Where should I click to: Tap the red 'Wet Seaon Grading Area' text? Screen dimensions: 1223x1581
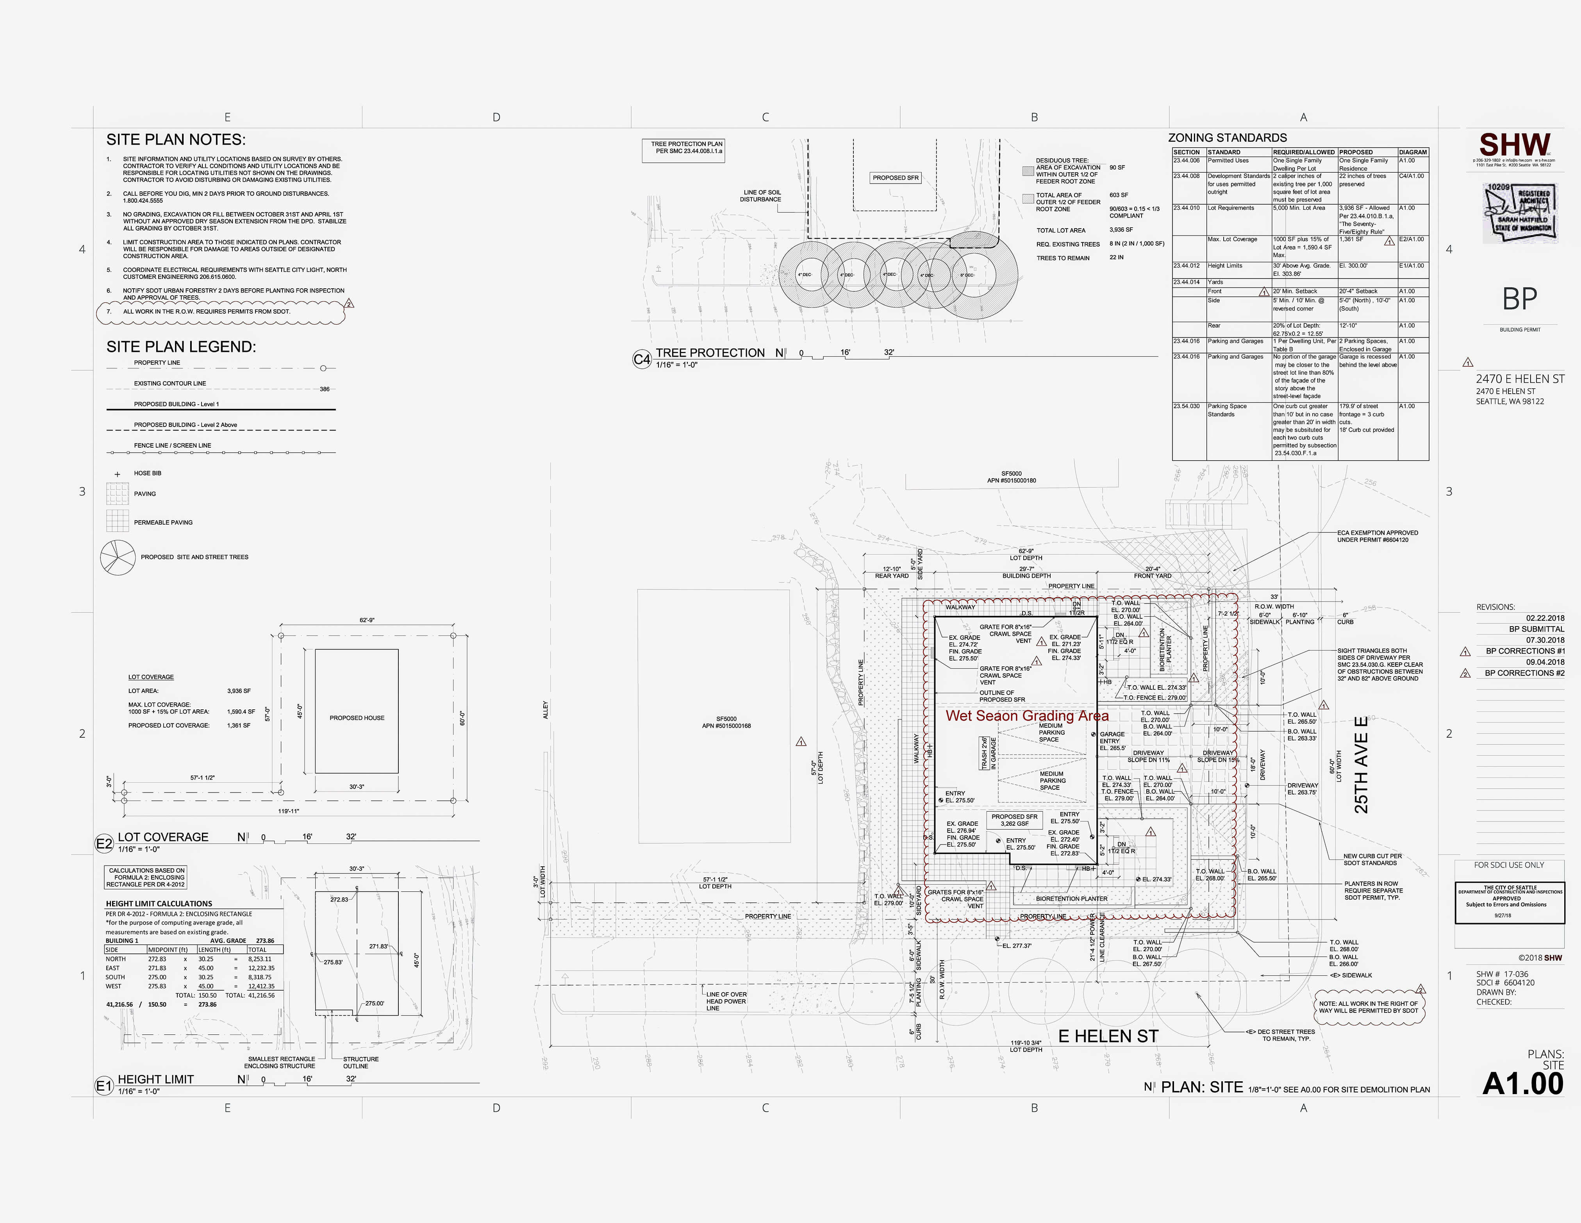1026,716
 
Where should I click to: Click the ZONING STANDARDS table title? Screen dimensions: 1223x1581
1227,137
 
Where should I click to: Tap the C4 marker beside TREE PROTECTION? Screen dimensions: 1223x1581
641,359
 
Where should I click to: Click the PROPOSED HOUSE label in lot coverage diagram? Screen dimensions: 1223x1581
357,718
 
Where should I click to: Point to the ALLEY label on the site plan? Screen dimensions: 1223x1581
546,710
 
